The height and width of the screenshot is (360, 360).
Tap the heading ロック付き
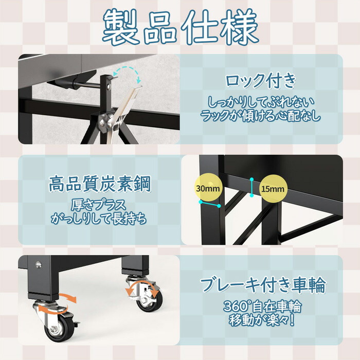[261, 80]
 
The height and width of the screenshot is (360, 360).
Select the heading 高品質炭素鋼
[100, 184]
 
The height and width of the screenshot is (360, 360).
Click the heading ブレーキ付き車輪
[263, 285]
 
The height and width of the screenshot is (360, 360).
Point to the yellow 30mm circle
[208, 189]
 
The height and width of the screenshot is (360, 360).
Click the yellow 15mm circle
[273, 189]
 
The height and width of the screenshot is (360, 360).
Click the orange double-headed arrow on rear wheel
[142, 288]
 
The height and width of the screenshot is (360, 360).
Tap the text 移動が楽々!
[262, 320]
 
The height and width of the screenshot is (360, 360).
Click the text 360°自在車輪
[262, 307]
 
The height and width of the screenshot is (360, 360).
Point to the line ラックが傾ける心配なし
[260, 116]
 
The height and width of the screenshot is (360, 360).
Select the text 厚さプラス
[99, 205]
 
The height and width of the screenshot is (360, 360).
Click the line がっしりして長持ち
[99, 219]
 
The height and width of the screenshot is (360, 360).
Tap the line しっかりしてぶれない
[261, 102]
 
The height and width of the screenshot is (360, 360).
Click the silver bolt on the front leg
[39, 265]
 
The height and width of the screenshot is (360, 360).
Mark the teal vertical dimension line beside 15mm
[252, 187]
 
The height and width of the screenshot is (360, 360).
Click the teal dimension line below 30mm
[210, 204]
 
